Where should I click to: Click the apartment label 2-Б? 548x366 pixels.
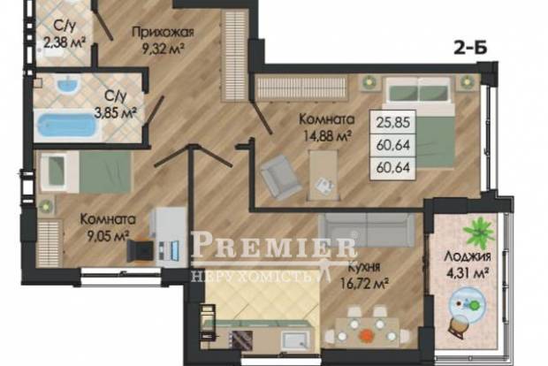point(470,48)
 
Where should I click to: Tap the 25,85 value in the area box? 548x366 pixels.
point(393,122)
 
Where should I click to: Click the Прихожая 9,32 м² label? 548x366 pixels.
point(163,40)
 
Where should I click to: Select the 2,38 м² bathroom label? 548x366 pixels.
point(65,35)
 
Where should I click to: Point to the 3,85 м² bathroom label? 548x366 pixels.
point(116,104)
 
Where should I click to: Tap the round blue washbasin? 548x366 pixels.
point(69,85)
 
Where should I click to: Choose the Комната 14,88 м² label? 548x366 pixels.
point(325,128)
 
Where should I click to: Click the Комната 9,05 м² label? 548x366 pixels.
point(108,228)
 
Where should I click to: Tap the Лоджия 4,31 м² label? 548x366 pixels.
point(468,264)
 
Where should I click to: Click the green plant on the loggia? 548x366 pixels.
point(478,231)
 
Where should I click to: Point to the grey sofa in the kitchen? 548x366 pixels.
point(366,230)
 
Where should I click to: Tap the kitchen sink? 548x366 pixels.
point(295,339)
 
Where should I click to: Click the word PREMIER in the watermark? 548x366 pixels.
point(273,246)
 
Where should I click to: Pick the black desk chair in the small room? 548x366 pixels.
point(140,251)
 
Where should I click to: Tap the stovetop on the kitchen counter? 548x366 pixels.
point(240,339)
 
